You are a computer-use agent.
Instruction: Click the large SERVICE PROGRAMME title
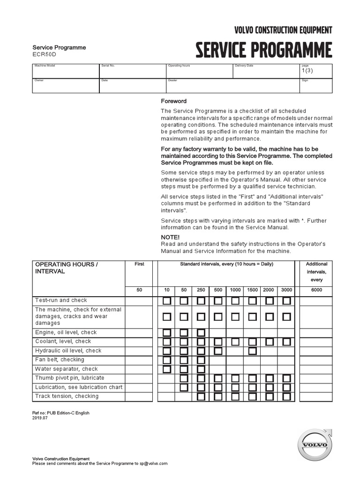click(263, 50)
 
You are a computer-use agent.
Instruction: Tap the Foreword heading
click(174, 101)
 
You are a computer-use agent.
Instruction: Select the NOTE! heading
click(170, 237)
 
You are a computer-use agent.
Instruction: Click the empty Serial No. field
click(133, 73)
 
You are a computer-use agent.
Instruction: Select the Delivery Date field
click(266, 73)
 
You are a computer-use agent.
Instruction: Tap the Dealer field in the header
click(233, 87)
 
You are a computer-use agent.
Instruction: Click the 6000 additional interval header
click(316, 290)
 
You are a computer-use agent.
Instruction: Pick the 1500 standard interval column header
click(252, 290)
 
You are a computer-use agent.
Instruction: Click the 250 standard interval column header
click(201, 290)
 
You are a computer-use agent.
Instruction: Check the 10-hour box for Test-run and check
click(167, 300)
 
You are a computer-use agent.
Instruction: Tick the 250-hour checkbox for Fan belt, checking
click(201, 360)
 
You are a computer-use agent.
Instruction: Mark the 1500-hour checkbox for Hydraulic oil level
click(252, 351)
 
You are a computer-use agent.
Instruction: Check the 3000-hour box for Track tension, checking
click(286, 397)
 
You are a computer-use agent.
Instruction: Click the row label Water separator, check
click(66, 369)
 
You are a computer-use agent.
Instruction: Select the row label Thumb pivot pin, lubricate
click(69, 378)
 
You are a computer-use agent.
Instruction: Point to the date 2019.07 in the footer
click(40, 418)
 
